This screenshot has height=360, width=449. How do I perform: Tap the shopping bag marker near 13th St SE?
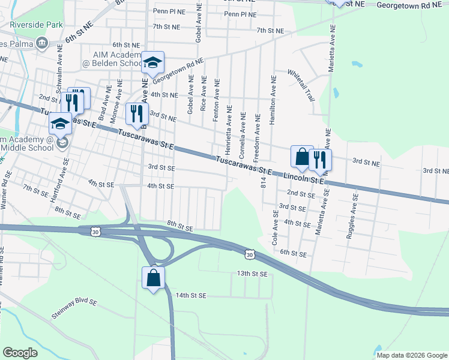pos(153,277)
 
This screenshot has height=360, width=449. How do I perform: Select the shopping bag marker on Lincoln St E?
pos(301,157)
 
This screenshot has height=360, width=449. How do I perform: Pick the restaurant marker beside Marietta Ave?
pos(320,160)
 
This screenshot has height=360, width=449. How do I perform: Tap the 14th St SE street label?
pos(191,296)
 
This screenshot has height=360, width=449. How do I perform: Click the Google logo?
pos(20,353)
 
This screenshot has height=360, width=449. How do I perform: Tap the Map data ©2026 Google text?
pos(412,355)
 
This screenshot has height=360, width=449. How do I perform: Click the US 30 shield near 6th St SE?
pos(250,255)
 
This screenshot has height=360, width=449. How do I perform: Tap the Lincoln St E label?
pos(304,178)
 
